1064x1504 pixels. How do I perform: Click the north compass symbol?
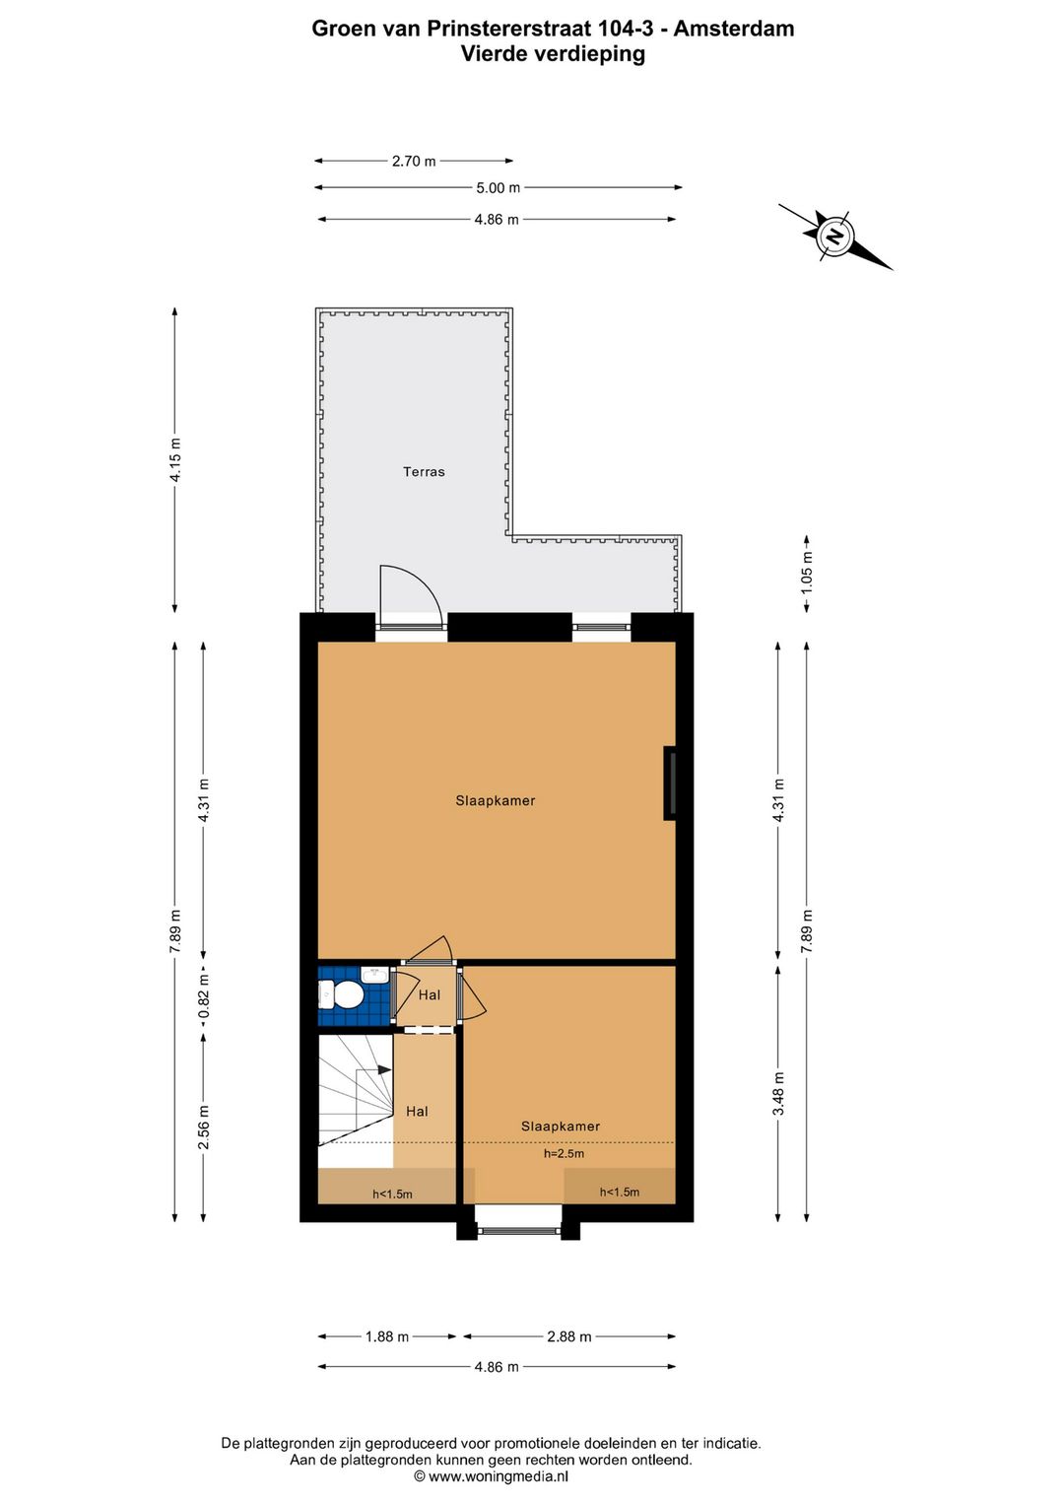pyautogui.click(x=835, y=237)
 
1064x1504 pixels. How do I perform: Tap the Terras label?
pyautogui.click(x=424, y=472)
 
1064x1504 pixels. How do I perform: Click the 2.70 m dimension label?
pyautogui.click(x=414, y=161)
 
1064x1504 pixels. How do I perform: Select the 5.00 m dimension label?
pyautogui.click(x=498, y=187)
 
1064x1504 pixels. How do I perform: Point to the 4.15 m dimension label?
pyautogui.click(x=175, y=459)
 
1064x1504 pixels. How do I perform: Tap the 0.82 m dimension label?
pyautogui.click(x=204, y=995)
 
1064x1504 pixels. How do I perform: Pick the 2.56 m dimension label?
pyautogui.click(x=204, y=1128)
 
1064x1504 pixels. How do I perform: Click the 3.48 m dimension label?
pyautogui.click(x=778, y=1094)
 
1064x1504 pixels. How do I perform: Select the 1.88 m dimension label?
pyautogui.click(x=386, y=1336)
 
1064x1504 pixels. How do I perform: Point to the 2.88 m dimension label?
pyautogui.click(x=569, y=1336)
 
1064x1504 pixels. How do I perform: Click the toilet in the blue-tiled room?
pyautogui.click(x=344, y=995)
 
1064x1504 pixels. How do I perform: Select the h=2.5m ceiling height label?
pyautogui.click(x=564, y=1153)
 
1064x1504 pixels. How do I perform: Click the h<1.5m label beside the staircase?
pyautogui.click(x=392, y=1194)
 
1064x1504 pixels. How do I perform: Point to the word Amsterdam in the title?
pyautogui.click(x=734, y=29)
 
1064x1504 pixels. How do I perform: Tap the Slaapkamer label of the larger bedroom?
pyautogui.click(x=496, y=801)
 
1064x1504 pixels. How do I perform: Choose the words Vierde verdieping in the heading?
pyautogui.click(x=553, y=54)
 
